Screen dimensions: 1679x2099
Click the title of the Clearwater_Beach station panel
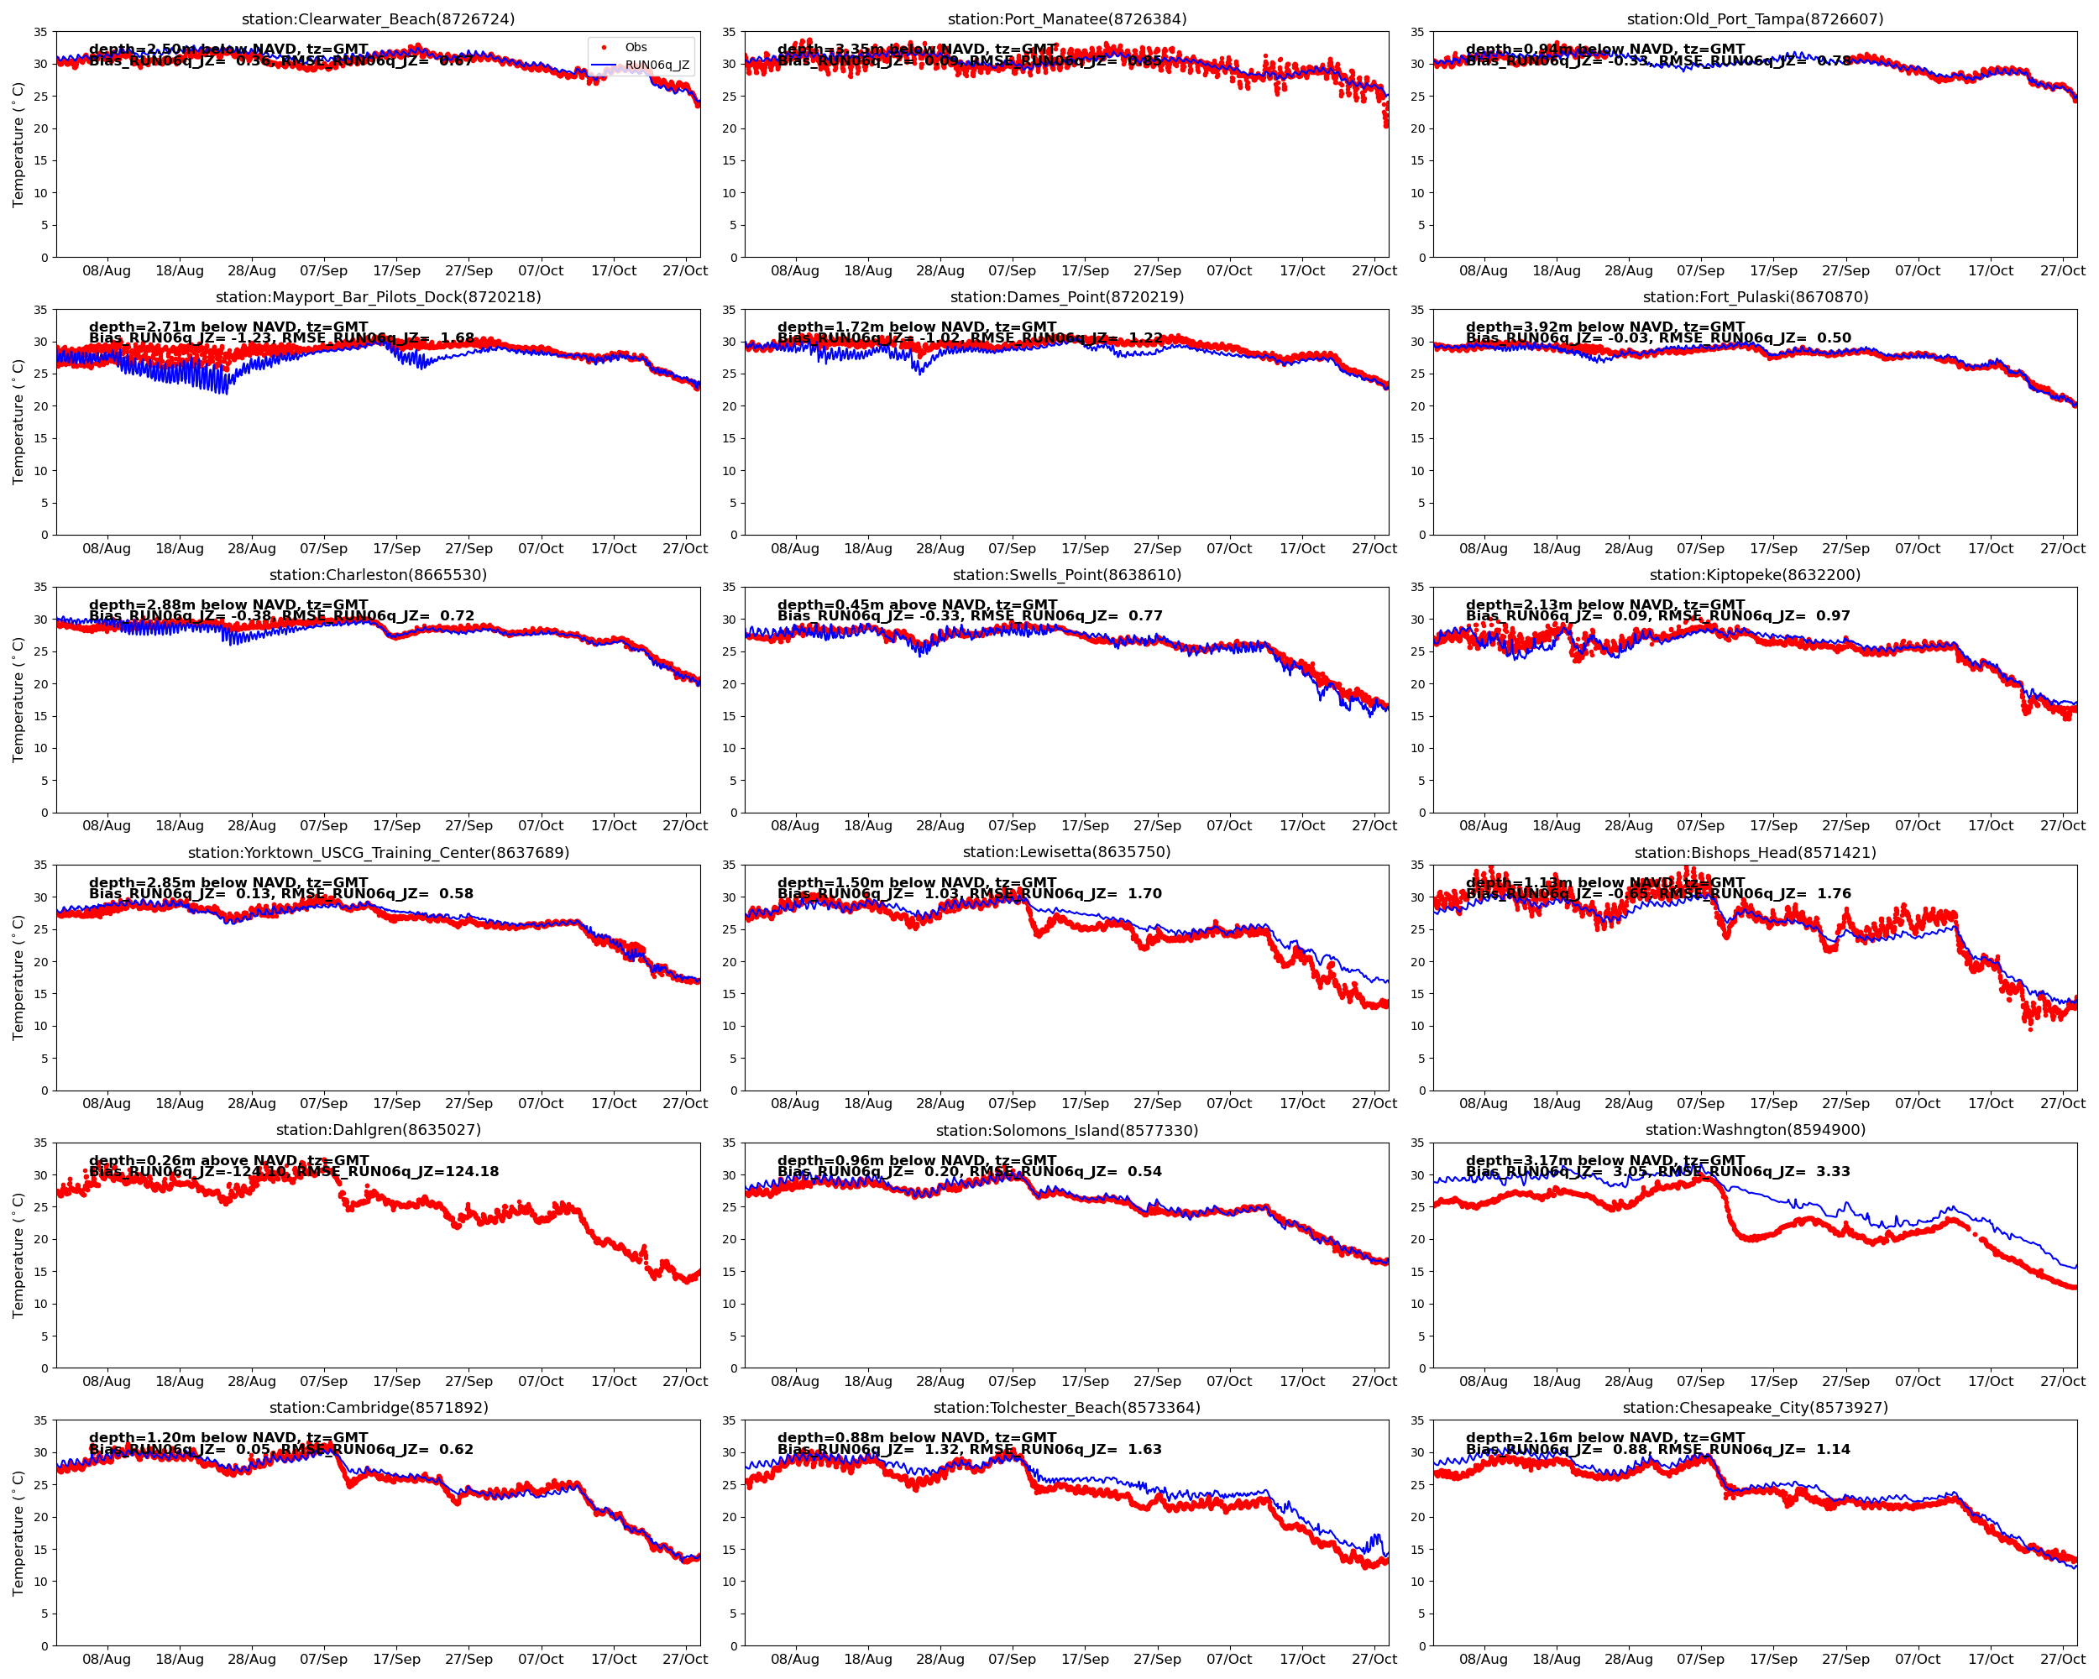pos(378,19)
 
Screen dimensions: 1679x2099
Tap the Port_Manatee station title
pos(1067,19)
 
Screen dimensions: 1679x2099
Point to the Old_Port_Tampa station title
pos(1755,19)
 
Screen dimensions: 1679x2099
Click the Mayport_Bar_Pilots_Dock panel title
pos(378,297)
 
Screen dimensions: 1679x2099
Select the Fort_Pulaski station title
pos(1755,297)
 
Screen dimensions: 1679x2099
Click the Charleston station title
pos(378,574)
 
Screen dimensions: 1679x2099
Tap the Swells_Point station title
pos(1067,574)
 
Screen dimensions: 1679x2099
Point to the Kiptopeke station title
pos(1755,574)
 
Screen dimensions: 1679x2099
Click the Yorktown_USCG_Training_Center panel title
pos(378,853)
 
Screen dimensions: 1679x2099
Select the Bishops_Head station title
pos(1755,853)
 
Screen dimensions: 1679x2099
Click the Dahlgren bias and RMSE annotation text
pos(294,1171)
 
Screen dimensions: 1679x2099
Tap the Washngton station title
pos(1755,1130)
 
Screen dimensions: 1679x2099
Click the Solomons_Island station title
pos(1067,1130)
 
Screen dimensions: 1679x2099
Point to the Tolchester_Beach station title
pos(1067,1408)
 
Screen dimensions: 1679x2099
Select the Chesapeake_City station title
pos(1755,1408)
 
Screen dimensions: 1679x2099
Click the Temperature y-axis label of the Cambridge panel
pos(18,1533)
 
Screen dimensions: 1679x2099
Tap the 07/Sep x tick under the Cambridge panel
pos(323,1660)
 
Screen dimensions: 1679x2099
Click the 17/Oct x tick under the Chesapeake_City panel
pos(1990,1660)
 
